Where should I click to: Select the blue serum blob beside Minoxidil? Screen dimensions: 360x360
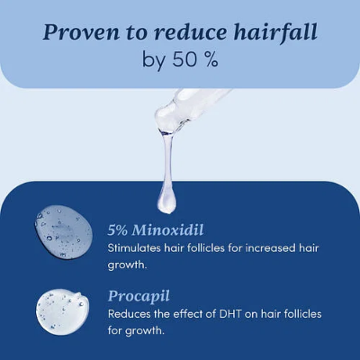click(x=63, y=230)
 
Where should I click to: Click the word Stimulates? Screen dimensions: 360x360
click(x=136, y=247)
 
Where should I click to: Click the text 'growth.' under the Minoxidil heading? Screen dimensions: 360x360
click(x=130, y=265)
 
